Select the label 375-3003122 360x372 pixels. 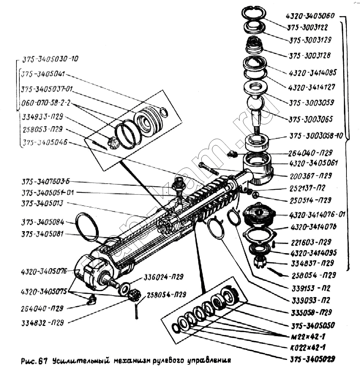pos(308,28)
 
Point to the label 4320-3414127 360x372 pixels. pos(312,88)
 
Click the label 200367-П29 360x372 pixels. pos(310,176)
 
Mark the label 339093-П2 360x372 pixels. pos(311,301)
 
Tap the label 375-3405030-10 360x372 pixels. pos(50,59)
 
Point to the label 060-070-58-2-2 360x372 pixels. pos(46,103)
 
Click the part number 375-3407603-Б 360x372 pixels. pos(46,182)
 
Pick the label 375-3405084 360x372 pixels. pos(42,222)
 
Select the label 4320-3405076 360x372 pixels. pos(44,271)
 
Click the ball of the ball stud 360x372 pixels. pos(255,103)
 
